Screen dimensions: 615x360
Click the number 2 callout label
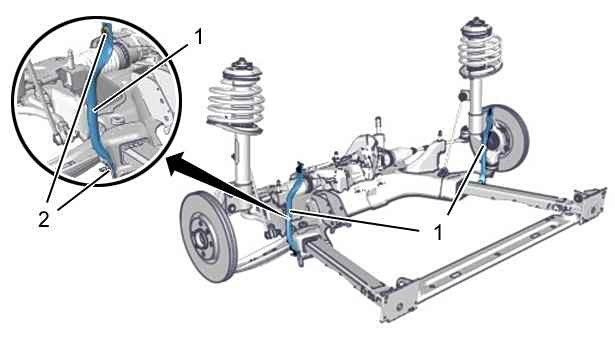44,219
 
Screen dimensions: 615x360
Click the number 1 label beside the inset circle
199,38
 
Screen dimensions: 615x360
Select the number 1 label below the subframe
438,233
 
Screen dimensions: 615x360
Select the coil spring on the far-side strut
481,53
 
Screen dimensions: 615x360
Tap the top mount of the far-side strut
477,26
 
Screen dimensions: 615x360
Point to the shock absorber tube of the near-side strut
243,157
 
